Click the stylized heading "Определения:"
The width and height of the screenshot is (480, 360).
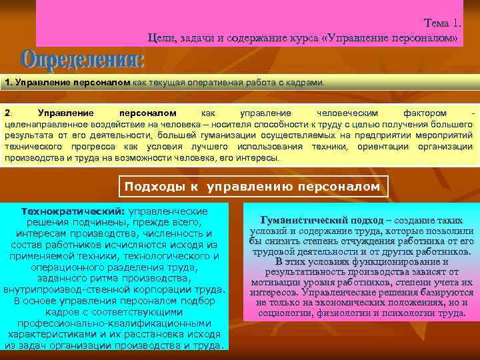click(x=83, y=62)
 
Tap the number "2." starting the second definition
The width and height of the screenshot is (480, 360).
click(x=8, y=113)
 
